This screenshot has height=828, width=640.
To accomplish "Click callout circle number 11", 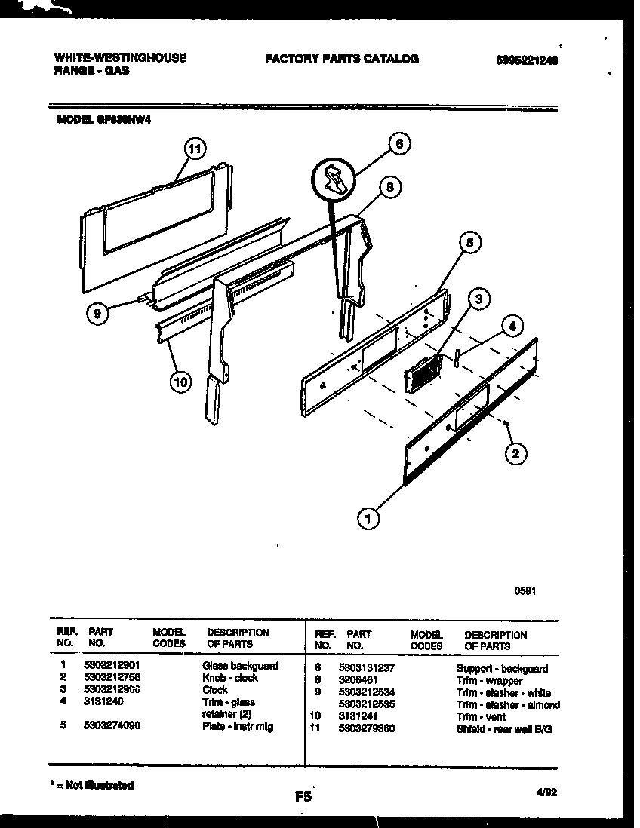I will pos(195,149).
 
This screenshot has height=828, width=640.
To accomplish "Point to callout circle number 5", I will pos(469,243).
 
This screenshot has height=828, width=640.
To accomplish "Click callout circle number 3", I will pos(478,300).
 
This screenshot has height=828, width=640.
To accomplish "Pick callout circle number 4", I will pos(511,327).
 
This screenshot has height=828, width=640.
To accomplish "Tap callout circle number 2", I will pos(515,453).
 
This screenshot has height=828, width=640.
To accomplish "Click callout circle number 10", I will pos(180,382).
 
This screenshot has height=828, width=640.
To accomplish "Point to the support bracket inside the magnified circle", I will pos(333,178).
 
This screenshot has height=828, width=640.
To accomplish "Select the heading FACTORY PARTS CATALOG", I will pos(341,59).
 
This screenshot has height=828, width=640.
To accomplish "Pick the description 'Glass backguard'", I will pos(240,666).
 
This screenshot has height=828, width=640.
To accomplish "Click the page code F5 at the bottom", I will pos(304,795).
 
